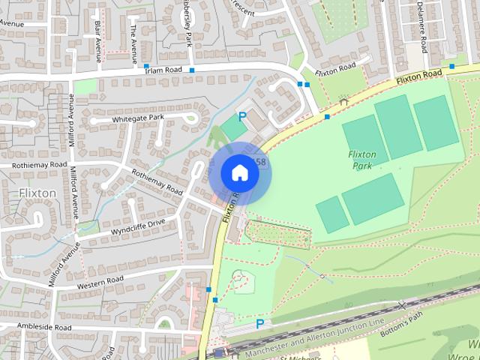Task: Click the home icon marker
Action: point(239,172)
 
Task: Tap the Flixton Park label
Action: point(362,159)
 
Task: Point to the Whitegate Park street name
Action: point(137,118)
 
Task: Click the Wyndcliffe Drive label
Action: point(137,224)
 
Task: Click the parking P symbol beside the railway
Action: point(259,324)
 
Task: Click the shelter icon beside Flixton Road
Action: point(344,100)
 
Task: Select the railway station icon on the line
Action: point(218,352)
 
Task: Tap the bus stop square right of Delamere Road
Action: point(451,66)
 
